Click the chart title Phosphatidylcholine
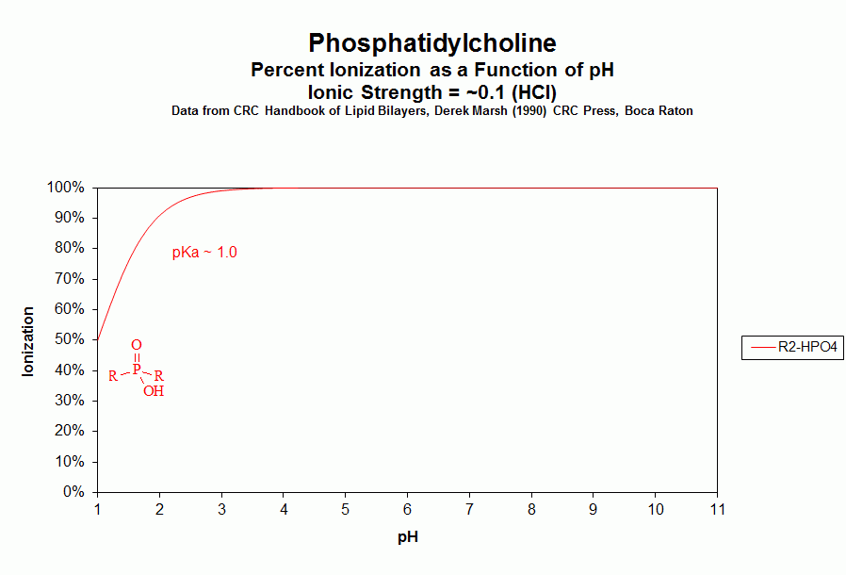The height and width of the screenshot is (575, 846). pyautogui.click(x=432, y=43)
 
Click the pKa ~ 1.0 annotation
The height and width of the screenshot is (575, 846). pyautogui.click(x=204, y=253)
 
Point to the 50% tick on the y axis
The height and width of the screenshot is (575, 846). pyautogui.click(x=72, y=339)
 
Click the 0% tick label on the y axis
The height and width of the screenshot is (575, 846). pyautogui.click(x=75, y=492)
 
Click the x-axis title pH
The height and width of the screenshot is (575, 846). pyautogui.click(x=407, y=538)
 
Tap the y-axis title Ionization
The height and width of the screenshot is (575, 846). pyautogui.click(x=28, y=341)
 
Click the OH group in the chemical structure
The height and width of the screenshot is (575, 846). pyautogui.click(x=154, y=391)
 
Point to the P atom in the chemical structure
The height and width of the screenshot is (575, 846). pyautogui.click(x=136, y=370)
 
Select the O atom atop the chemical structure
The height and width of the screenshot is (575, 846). pyautogui.click(x=137, y=346)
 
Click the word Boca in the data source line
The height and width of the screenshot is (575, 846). pyautogui.click(x=641, y=111)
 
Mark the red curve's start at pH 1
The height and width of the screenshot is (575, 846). pyautogui.click(x=98, y=339)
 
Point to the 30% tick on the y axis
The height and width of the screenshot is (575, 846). pyautogui.click(x=72, y=401)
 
